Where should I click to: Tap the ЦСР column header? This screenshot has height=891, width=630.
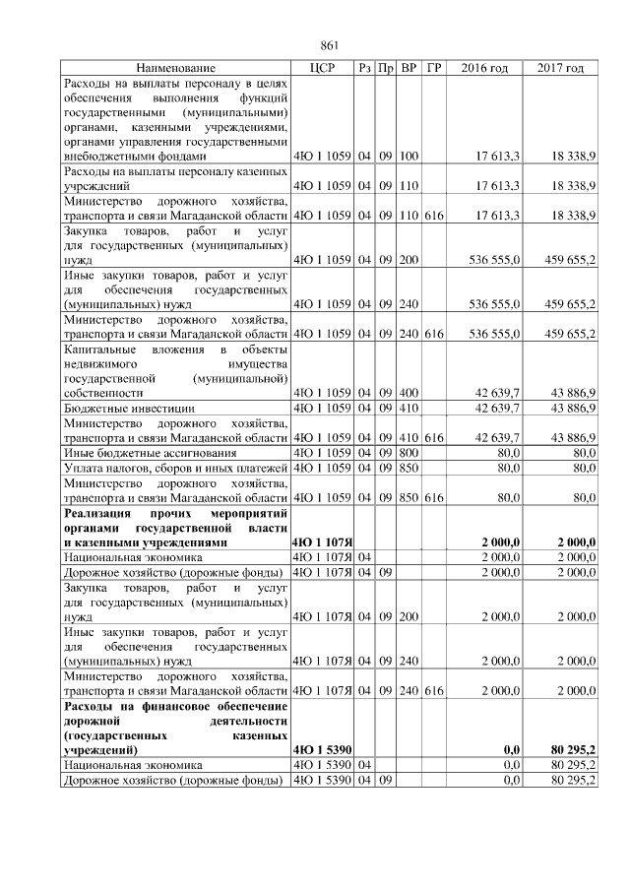pyautogui.click(x=323, y=68)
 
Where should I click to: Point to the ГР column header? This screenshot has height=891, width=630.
pyautogui.click(x=434, y=68)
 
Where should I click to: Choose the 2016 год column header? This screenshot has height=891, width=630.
pyautogui.click(x=484, y=68)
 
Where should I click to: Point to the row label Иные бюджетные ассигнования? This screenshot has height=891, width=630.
pyautogui.click(x=146, y=452)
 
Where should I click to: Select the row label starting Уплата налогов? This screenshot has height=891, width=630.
pyautogui.click(x=175, y=467)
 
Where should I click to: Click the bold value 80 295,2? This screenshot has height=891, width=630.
pyautogui.click(x=569, y=749)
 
